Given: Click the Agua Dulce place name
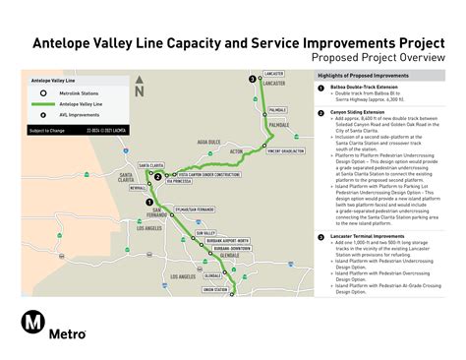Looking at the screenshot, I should pyautogui.click(x=208, y=142).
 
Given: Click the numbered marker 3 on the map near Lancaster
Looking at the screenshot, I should pyautogui.click(x=252, y=78).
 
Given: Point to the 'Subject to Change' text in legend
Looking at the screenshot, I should pyautogui.click(x=44, y=130).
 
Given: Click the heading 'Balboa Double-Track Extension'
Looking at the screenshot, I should pyautogui.click(x=360, y=88).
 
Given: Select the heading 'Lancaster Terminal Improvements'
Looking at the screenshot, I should pyautogui.click(x=363, y=238).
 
